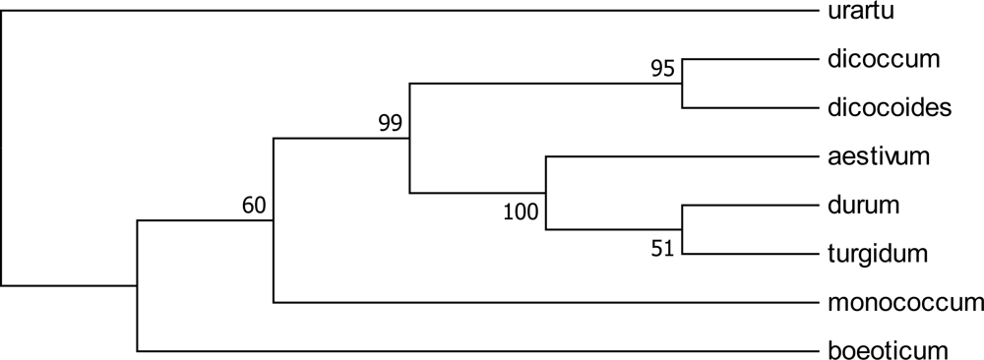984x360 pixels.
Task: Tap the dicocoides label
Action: tap(884, 108)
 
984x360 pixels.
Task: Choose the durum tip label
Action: tap(853, 206)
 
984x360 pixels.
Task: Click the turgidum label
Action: tap(872, 255)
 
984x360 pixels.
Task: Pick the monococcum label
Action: tap(899, 303)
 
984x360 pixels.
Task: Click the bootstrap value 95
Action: tap(663, 70)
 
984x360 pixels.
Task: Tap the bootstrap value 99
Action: tap(391, 123)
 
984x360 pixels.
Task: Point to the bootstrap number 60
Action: tap(255, 205)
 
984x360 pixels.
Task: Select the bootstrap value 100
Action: tap(522, 211)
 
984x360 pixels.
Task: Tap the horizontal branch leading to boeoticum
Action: tap(472, 351)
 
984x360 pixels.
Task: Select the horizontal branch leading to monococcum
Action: tap(541, 303)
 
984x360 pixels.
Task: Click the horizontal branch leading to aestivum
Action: tap(679, 156)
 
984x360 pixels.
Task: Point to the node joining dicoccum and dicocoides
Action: tap(682, 84)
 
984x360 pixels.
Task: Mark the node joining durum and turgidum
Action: tap(682, 230)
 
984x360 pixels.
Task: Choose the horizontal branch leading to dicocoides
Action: tap(748, 108)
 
